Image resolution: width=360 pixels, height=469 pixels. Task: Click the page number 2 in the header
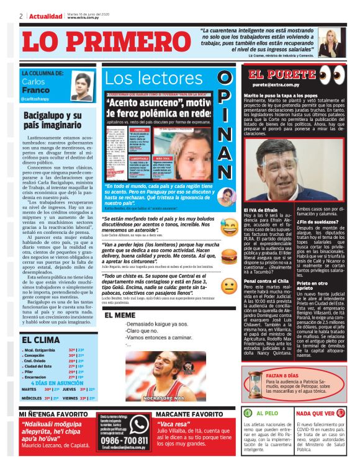[x=21, y=16]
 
